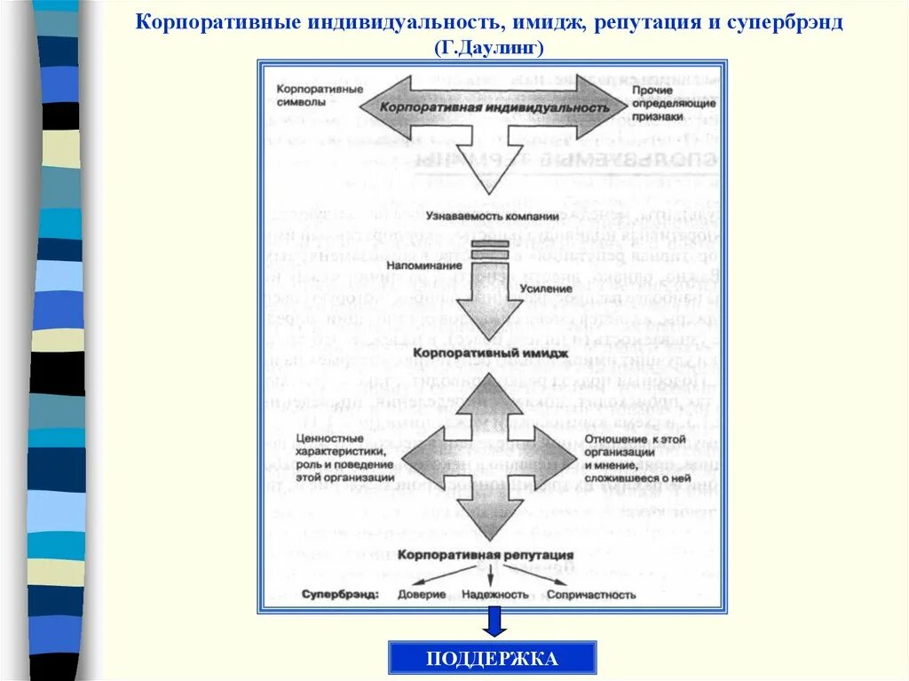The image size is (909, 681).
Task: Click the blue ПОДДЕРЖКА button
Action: click(x=492, y=658)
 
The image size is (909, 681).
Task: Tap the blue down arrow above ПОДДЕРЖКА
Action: click(x=494, y=621)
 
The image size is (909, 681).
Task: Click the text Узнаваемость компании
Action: click(x=492, y=217)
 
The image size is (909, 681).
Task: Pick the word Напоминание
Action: click(x=423, y=265)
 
